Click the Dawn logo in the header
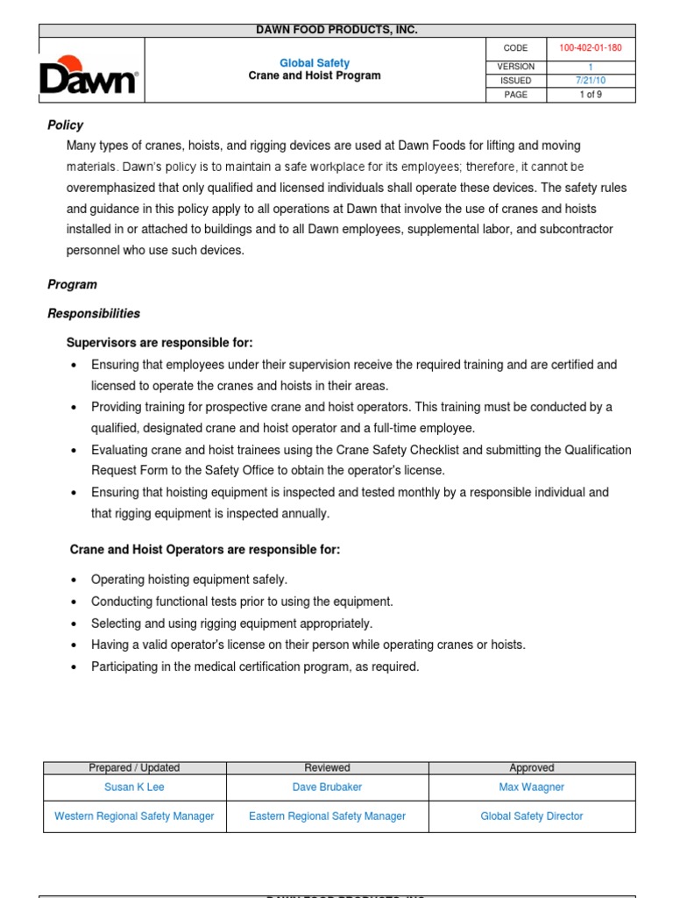tap(88, 75)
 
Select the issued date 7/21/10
tap(591, 81)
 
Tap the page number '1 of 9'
tap(591, 95)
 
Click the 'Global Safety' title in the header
tap(314, 63)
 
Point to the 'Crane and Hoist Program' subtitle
tap(314, 76)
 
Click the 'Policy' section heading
tap(65, 125)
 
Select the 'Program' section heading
tap(72, 285)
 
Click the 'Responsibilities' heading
tap(93, 313)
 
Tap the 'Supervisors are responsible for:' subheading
tap(159, 342)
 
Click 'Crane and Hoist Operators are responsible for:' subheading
tap(204, 550)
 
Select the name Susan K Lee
tap(134, 788)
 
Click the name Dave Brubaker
tap(327, 788)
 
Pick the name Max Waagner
tap(531, 788)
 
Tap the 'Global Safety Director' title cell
tap(531, 816)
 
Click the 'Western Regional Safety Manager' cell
tap(134, 816)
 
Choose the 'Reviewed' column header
tap(327, 768)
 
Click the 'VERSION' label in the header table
tap(515, 67)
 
